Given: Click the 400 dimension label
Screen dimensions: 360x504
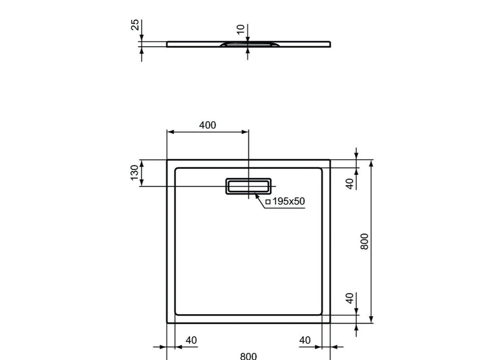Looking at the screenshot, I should [207, 125].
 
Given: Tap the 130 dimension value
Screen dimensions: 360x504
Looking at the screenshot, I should [134, 173].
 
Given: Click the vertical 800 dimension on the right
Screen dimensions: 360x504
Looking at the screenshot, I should [364, 241].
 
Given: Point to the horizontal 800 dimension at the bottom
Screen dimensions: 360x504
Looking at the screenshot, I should [248, 356].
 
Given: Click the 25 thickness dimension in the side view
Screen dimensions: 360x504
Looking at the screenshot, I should [134, 25].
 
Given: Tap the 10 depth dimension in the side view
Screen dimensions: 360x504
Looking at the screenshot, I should [240, 30].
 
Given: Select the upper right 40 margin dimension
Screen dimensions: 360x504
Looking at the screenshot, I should [349, 184].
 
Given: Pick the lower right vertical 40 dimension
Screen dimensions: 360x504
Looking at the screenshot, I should [349, 298].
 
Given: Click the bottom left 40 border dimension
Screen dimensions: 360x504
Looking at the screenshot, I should [191, 340].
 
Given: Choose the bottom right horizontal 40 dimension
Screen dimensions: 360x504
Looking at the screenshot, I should [305, 340].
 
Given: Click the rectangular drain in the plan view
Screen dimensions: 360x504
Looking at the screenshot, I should [248, 186].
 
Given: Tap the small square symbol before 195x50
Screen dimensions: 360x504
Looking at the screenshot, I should [268, 202].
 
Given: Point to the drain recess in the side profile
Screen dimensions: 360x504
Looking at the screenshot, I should [248, 45].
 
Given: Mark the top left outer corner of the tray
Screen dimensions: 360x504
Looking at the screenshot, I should [167, 160].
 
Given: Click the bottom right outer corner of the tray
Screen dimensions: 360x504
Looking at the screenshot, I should [329, 323].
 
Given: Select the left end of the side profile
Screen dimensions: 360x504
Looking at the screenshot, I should [168, 44].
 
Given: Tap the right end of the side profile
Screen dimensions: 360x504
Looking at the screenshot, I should [329, 44].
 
